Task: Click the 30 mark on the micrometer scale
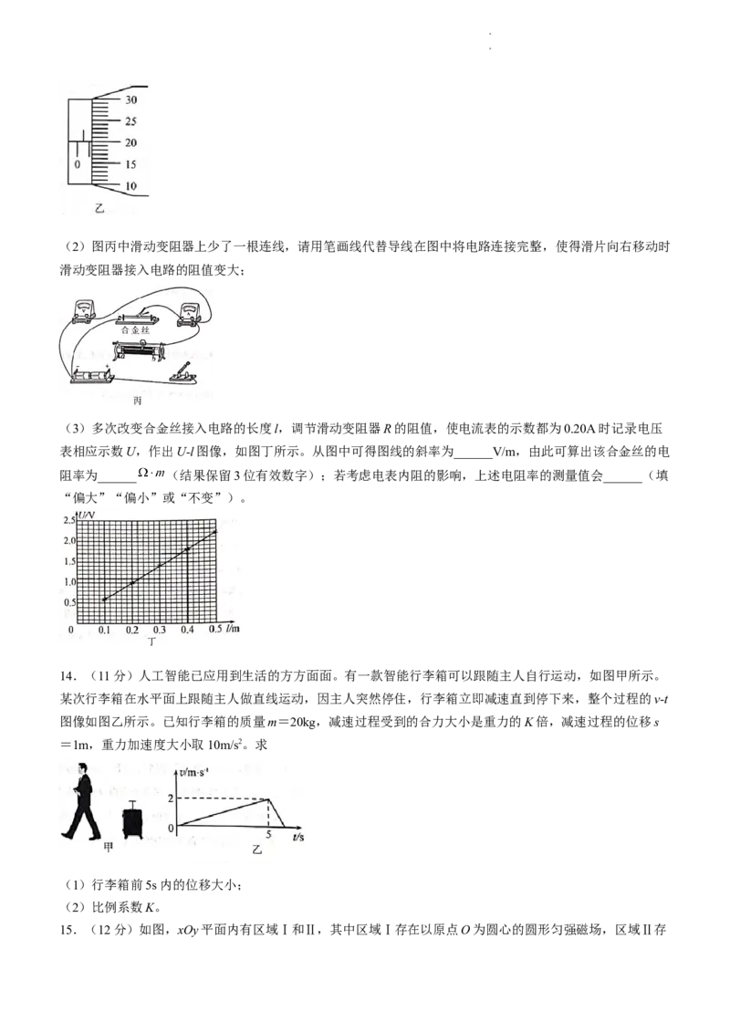[131, 100]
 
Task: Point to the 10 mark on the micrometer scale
[131, 186]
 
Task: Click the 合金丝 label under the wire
[136, 330]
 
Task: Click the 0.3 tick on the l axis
[160, 630]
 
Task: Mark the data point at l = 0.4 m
[188, 548]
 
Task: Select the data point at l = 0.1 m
[104, 599]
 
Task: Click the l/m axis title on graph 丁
[233, 629]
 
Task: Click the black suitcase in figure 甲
[132, 820]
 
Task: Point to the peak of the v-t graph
[268, 799]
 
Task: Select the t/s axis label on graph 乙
[297, 837]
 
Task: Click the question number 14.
[67, 676]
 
